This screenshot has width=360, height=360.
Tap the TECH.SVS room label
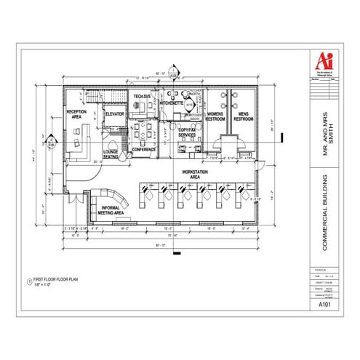coord(143,97)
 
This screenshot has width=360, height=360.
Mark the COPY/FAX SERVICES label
coord(187,133)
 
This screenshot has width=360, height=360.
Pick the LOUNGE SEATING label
coord(111,155)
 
